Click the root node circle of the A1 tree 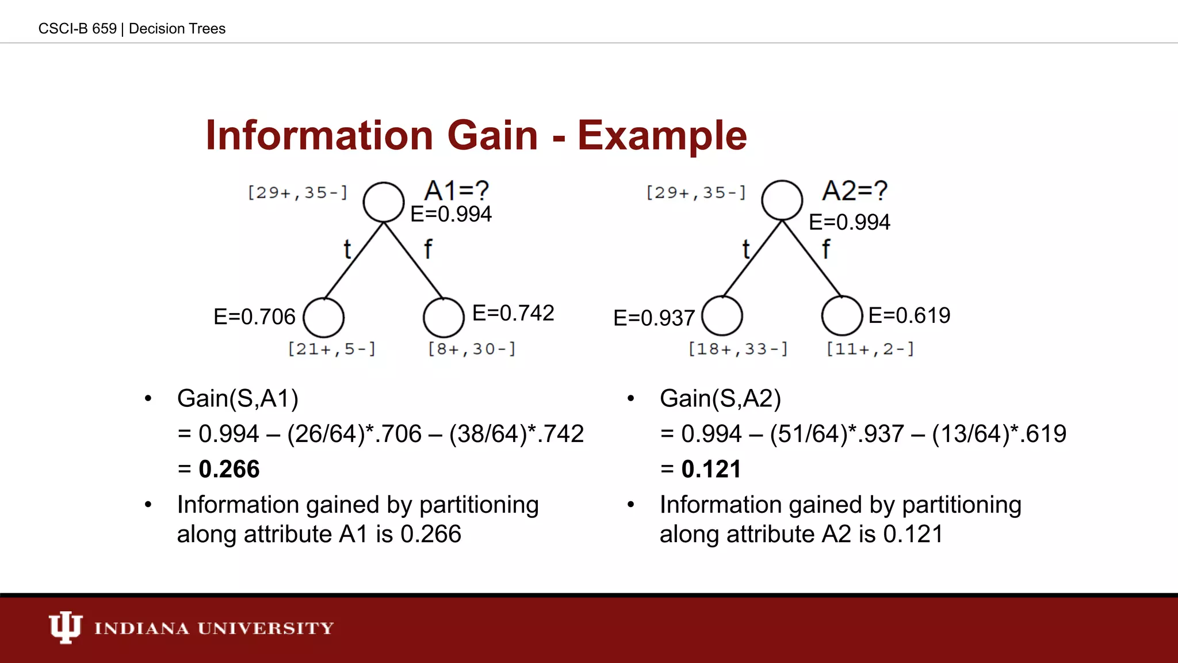[384, 202]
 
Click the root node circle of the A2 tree [782, 200]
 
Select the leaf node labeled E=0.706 [324, 317]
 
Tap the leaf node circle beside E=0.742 [443, 317]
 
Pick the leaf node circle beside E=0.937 [722, 316]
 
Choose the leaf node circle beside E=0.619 [842, 316]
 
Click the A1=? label [456, 190]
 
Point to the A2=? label [855, 190]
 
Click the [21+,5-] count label [332, 349]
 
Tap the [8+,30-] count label [472, 349]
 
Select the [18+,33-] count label [739, 349]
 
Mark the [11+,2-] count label [870, 349]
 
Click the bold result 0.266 [229, 469]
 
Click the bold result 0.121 [711, 469]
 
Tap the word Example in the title [662, 135]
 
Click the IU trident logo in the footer [65, 627]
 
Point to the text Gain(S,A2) [720, 398]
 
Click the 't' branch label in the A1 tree [347, 250]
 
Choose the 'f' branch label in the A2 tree [826, 249]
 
